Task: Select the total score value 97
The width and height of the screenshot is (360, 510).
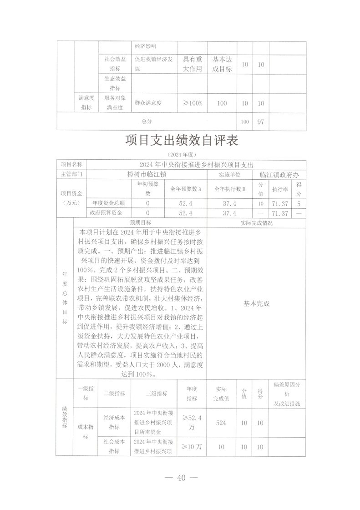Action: [x=261, y=122]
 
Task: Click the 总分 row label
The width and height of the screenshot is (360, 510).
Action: [x=147, y=122]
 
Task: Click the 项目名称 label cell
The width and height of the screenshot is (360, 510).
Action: [x=71, y=164]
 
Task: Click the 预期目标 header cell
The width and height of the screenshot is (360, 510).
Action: [x=140, y=222]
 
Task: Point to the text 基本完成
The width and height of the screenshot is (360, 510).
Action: [x=257, y=303]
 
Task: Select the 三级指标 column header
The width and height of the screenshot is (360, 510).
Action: [x=156, y=394]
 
